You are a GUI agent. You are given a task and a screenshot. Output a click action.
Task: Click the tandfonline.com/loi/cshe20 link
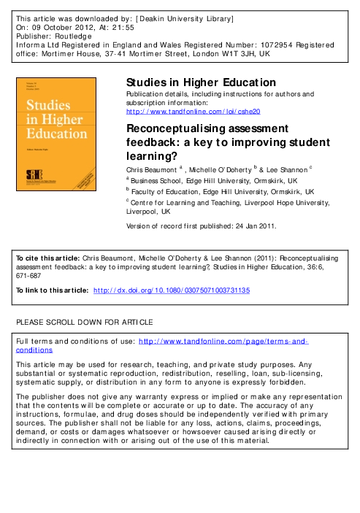click(x=194, y=111)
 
